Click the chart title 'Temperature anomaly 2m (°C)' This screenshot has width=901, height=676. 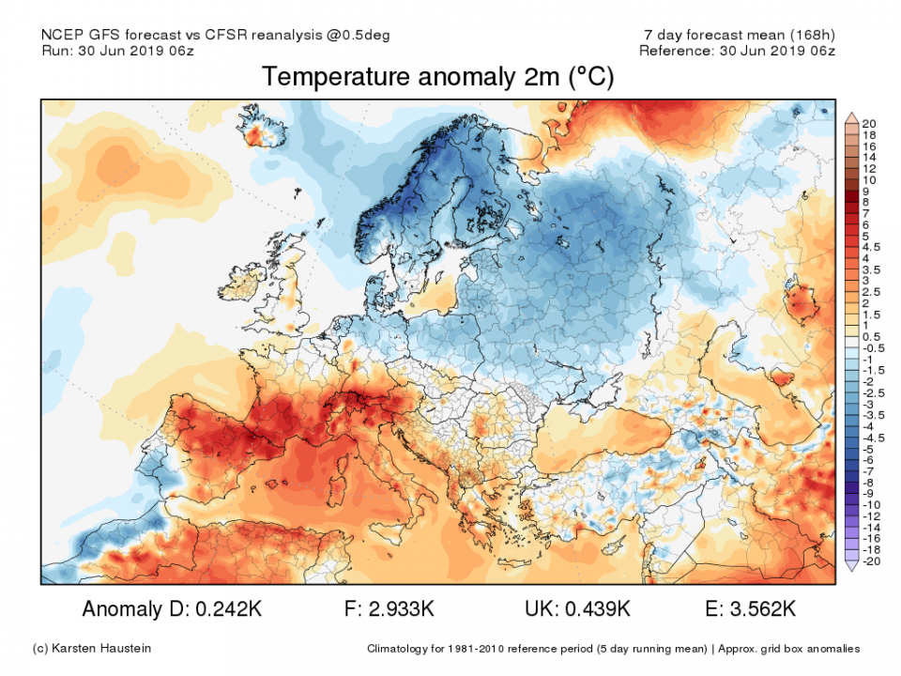pos(438,77)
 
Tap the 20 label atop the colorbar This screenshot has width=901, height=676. pos(869,124)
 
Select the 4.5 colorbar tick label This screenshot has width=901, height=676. pos(871,247)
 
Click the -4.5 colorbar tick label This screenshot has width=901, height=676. pos(872,438)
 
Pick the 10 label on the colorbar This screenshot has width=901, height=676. pos(869,179)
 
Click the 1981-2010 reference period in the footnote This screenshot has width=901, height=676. pos(461,649)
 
